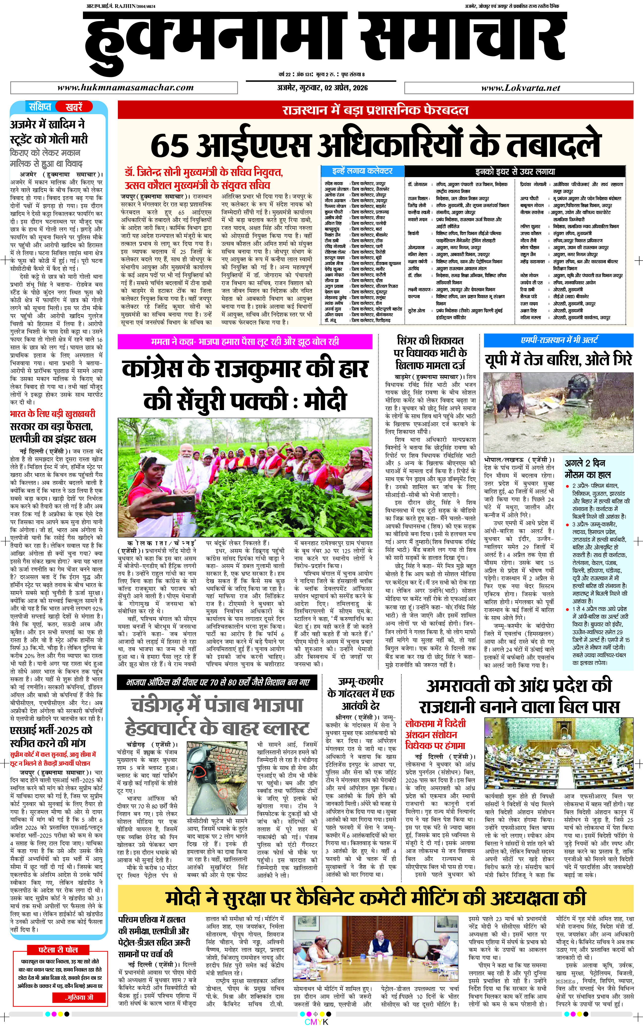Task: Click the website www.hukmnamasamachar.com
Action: click(126, 88)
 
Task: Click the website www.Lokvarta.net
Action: click(520, 88)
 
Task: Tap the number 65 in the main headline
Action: click(170, 145)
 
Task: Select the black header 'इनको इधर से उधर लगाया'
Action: click(515, 171)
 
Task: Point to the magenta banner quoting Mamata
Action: click(245, 341)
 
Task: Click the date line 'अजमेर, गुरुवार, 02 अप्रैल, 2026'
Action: click(322, 88)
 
